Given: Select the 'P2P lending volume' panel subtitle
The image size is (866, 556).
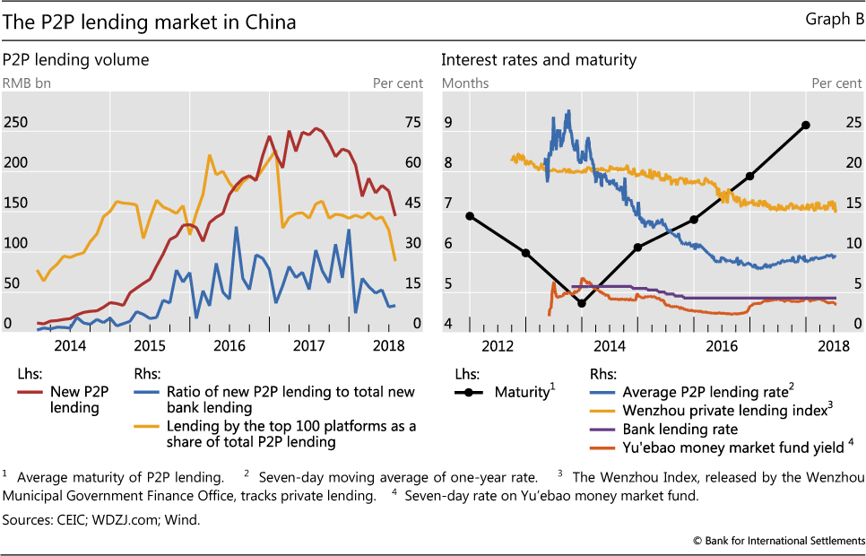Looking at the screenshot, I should coord(75,60).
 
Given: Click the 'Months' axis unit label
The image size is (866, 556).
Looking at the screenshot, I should coord(464,83).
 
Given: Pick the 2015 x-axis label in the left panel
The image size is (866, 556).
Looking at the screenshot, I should coord(150,346).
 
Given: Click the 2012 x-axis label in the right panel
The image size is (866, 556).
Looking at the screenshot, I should coord(498,346).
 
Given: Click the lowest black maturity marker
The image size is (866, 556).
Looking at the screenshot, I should coord(582,303).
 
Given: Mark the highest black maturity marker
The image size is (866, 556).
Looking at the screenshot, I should coord(806,125).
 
